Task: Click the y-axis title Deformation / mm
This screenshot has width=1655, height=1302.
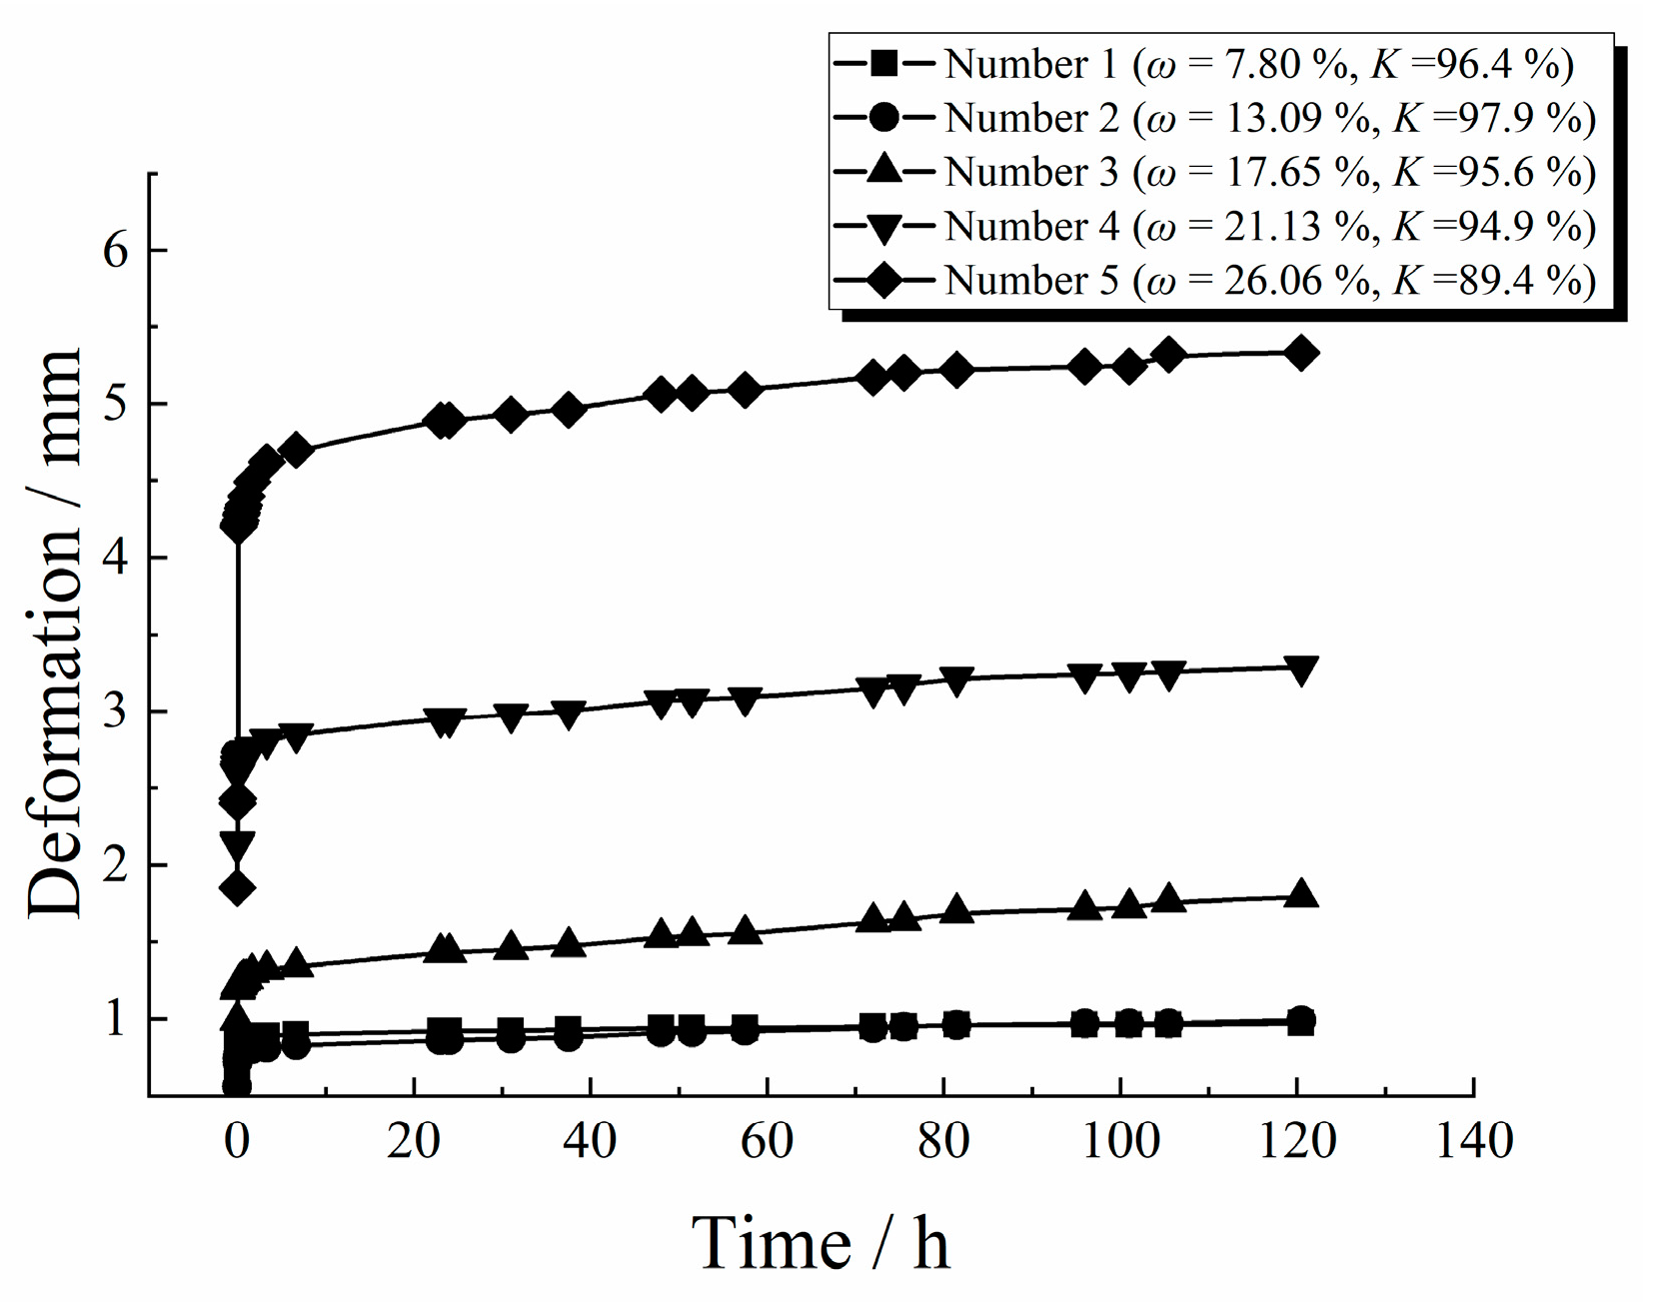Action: coord(55,635)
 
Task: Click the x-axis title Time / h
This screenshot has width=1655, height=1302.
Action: coord(821,1243)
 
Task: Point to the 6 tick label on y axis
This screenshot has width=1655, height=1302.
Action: coord(117,250)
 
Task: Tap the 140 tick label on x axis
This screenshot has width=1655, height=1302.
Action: coord(1473,1141)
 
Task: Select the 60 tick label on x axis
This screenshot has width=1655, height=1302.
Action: coord(767,1141)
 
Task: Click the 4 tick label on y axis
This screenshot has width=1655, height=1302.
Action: coord(117,558)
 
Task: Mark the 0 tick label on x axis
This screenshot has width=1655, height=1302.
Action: coord(237,1141)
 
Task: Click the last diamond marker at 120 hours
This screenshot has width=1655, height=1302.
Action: coord(1300,353)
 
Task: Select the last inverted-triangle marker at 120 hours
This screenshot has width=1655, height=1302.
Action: coord(1300,669)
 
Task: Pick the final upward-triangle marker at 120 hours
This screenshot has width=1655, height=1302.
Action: coord(1300,893)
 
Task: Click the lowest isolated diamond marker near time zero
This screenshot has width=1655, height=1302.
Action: coord(237,887)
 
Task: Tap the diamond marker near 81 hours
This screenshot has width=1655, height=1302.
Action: coord(956,370)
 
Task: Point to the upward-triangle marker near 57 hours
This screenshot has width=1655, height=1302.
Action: coord(745,930)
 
